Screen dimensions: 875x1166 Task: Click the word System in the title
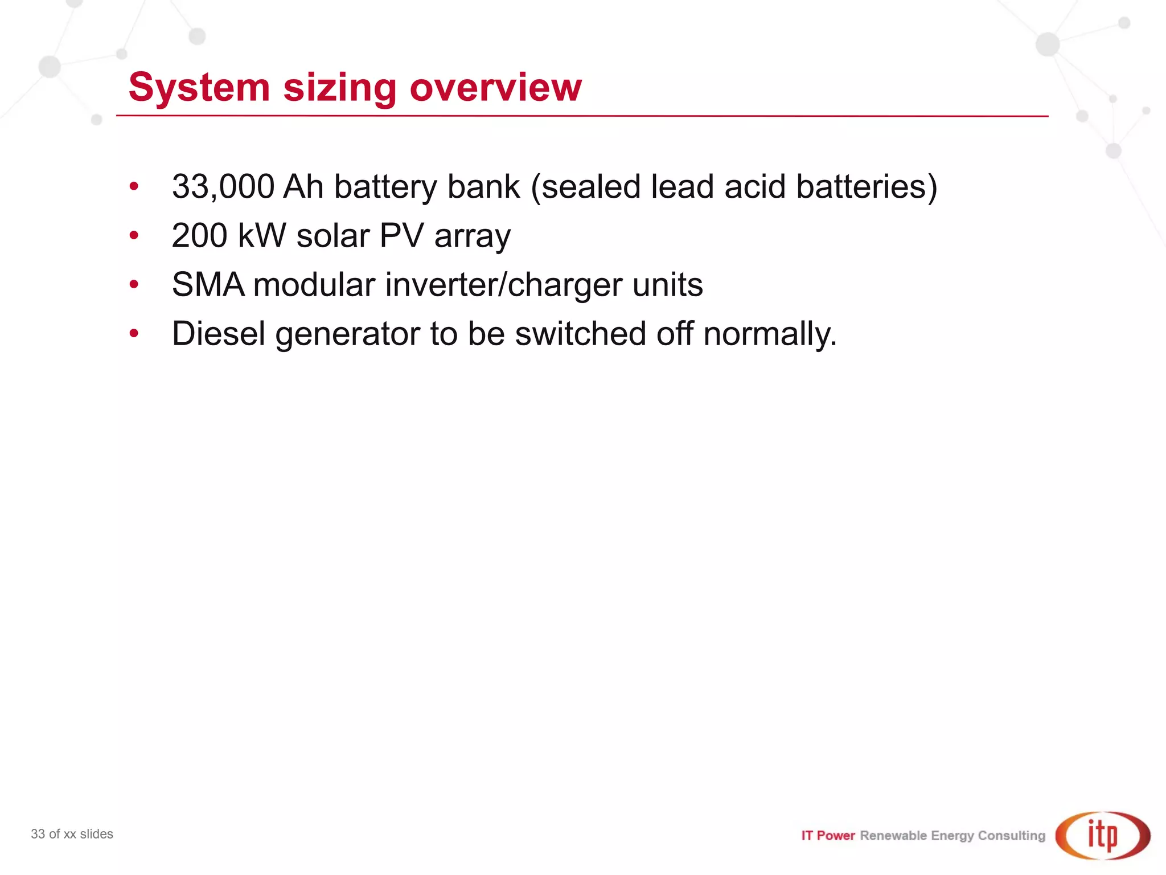(199, 88)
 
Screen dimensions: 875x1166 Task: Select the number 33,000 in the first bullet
(223, 187)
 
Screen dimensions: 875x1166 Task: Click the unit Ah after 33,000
(303, 187)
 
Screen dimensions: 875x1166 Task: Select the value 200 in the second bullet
(199, 235)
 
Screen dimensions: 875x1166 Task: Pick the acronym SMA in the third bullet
(208, 284)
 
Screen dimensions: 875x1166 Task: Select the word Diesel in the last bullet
(219, 333)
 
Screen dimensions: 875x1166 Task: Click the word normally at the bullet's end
(769, 334)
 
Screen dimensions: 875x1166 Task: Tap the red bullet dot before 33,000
(134, 186)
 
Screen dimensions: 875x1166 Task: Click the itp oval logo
(1102, 835)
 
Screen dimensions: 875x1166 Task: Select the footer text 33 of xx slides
(72, 834)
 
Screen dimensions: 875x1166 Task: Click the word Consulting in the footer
(1011, 836)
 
